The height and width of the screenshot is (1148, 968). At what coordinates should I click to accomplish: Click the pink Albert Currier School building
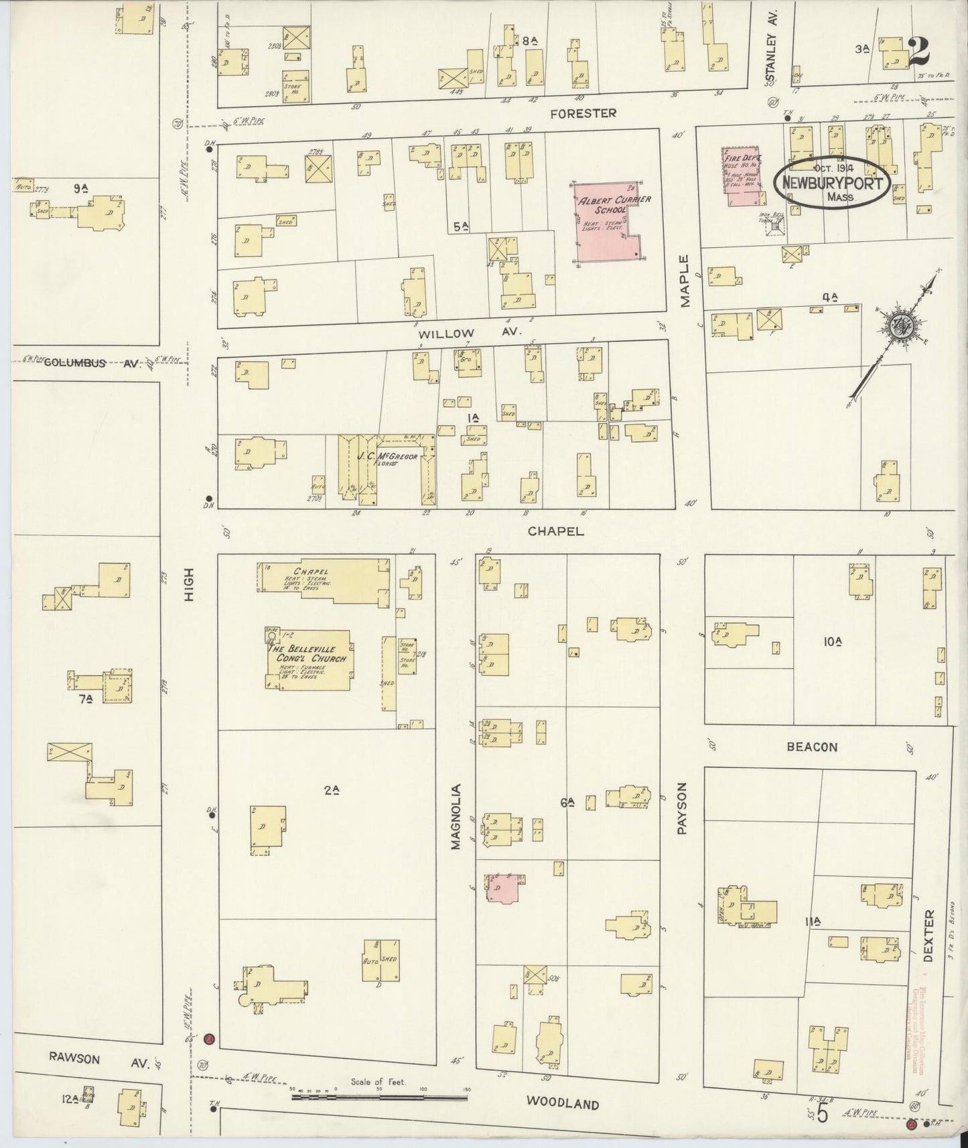pos(606,224)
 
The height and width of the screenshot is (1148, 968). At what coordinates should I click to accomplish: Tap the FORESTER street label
pos(582,113)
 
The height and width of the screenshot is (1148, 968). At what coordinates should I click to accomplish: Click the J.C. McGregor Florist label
pos(387,458)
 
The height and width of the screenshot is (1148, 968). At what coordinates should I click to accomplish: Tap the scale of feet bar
pos(380,1098)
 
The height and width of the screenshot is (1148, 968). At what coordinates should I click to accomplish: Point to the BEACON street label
pos(812,747)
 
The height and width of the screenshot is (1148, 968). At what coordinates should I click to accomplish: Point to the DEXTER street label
pos(927,936)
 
